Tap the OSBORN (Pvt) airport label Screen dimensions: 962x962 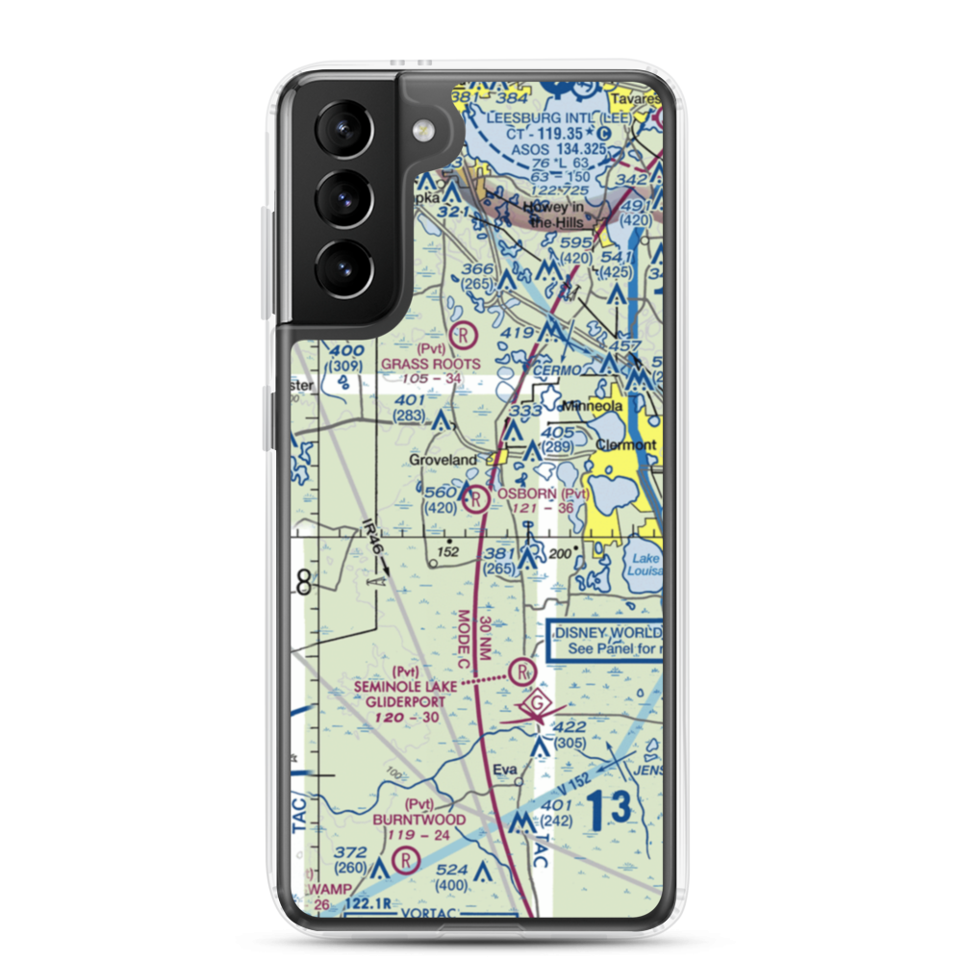tap(543, 494)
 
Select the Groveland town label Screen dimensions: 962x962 tap(443, 461)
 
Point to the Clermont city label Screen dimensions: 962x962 tap(626, 445)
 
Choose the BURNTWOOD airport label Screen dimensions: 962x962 tap(420, 820)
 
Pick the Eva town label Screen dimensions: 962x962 tap(505, 771)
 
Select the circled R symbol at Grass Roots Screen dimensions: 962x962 tap(464, 335)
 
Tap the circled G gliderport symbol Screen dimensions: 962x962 tap(539, 707)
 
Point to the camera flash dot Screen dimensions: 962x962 tap(420, 131)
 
